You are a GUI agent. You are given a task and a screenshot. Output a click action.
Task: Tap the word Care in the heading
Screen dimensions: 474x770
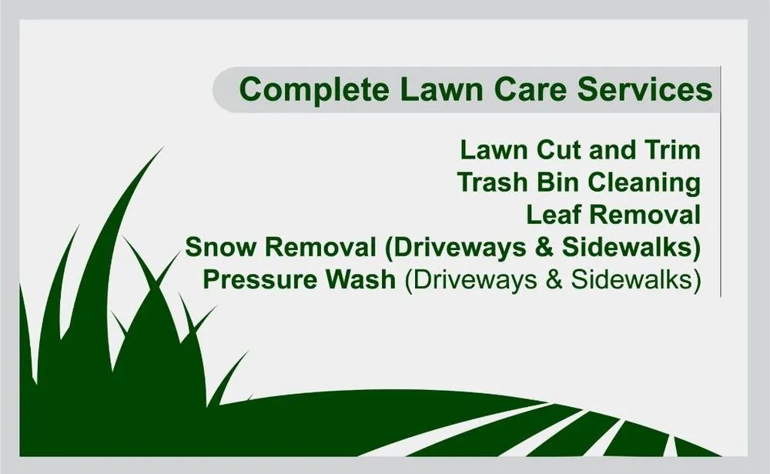(x=531, y=89)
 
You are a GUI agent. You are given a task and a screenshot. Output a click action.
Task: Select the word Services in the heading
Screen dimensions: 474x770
(x=646, y=89)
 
